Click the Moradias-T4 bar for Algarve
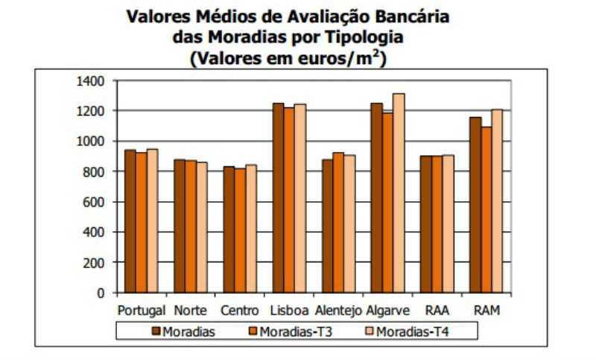point(399,193)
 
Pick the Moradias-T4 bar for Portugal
point(153,221)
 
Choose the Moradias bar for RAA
point(426,224)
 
